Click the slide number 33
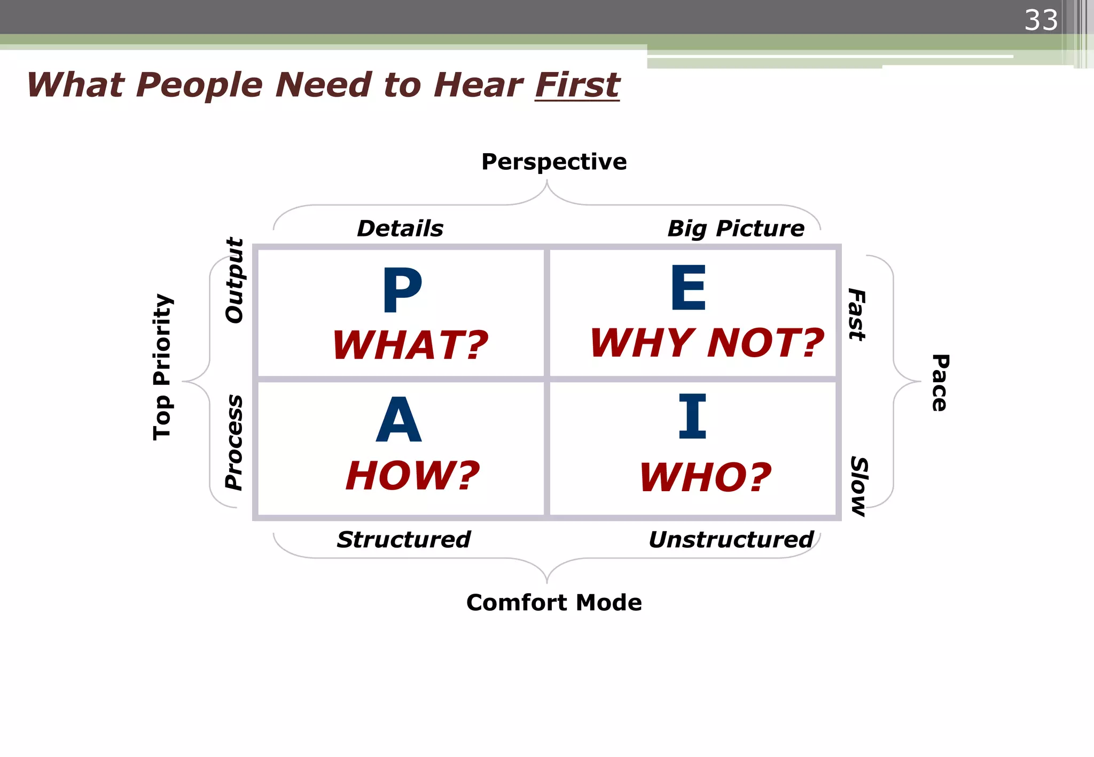[1041, 20]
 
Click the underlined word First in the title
[577, 85]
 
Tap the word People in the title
[199, 85]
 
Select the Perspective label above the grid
[554, 162]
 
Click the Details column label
[400, 228]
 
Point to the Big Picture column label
[736, 228]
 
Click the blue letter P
[402, 290]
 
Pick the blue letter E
[688, 288]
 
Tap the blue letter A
[398, 420]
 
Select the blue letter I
[692, 416]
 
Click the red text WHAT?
[410, 345]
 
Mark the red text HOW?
[412, 475]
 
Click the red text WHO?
[705, 477]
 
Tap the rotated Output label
[234, 280]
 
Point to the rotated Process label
[234, 442]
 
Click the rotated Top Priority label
[162, 367]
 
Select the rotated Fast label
[857, 314]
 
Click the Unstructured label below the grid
[731, 540]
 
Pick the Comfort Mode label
[554, 603]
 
